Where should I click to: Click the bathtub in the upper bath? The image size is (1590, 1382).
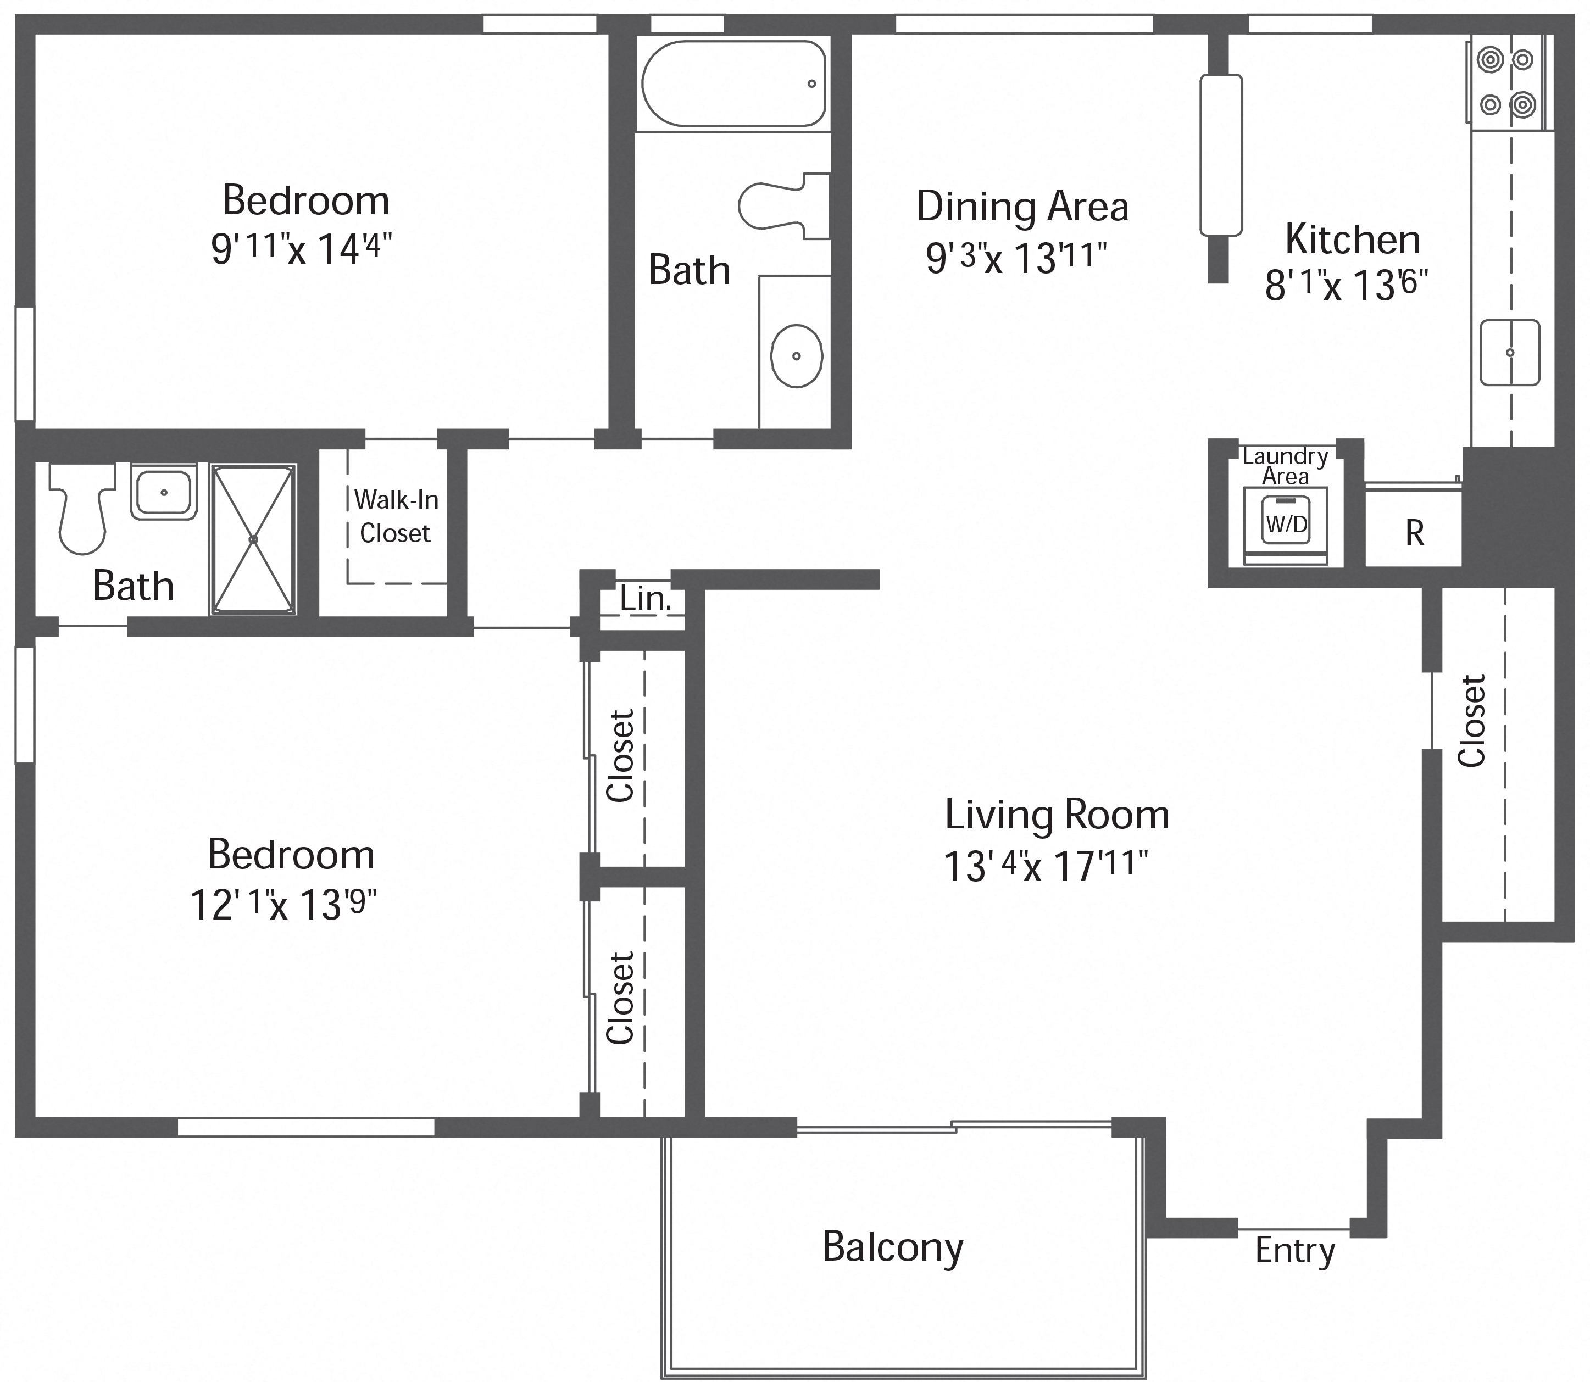click(733, 83)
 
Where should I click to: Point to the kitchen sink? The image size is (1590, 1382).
click(1509, 353)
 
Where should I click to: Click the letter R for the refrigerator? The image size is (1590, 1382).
click(1414, 533)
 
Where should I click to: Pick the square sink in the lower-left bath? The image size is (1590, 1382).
click(164, 491)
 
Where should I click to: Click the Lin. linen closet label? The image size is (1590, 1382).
click(645, 599)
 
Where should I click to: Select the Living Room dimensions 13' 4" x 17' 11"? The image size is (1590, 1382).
click(1046, 865)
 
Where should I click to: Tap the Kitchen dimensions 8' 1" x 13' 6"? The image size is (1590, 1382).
click(1346, 285)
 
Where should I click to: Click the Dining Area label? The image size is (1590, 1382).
click(1022, 206)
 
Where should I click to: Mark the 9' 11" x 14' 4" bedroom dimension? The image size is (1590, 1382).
click(302, 248)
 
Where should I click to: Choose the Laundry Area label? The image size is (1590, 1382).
click(1285, 466)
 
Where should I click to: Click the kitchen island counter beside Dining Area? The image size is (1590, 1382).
click(1220, 155)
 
